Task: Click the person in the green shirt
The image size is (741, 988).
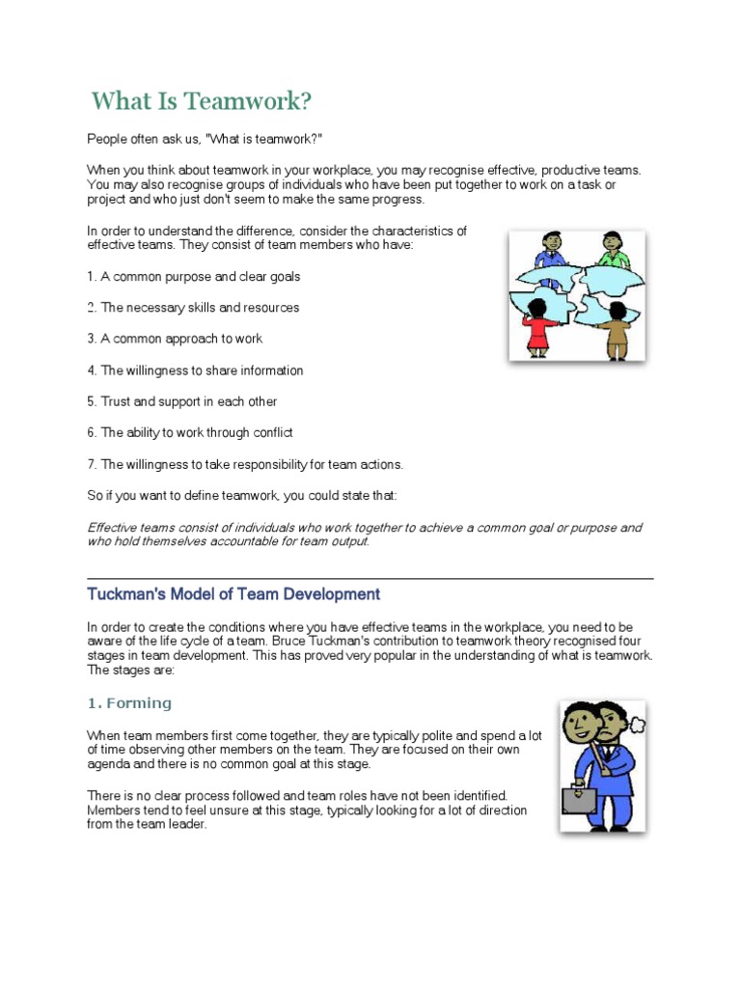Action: click(612, 252)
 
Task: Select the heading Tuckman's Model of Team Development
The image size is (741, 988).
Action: click(233, 594)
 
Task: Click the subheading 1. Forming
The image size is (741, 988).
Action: click(129, 703)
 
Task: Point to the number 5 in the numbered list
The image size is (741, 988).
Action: click(91, 401)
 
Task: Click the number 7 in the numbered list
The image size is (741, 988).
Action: click(91, 464)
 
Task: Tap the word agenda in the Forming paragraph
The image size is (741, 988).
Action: click(108, 764)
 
